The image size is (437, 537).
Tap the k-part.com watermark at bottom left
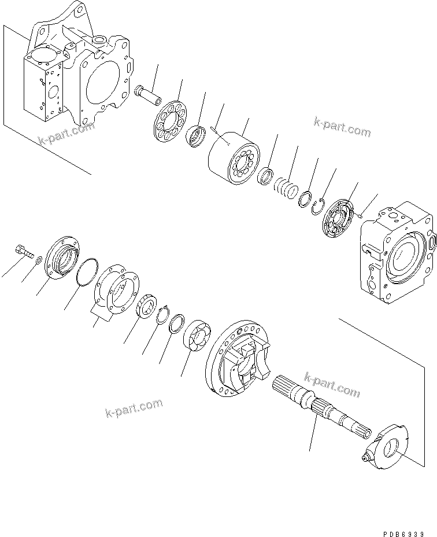(x=134, y=408)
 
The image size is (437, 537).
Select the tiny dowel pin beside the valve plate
(x=360, y=216)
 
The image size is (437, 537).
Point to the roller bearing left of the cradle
(x=199, y=336)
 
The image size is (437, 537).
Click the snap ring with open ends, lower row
(x=161, y=315)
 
